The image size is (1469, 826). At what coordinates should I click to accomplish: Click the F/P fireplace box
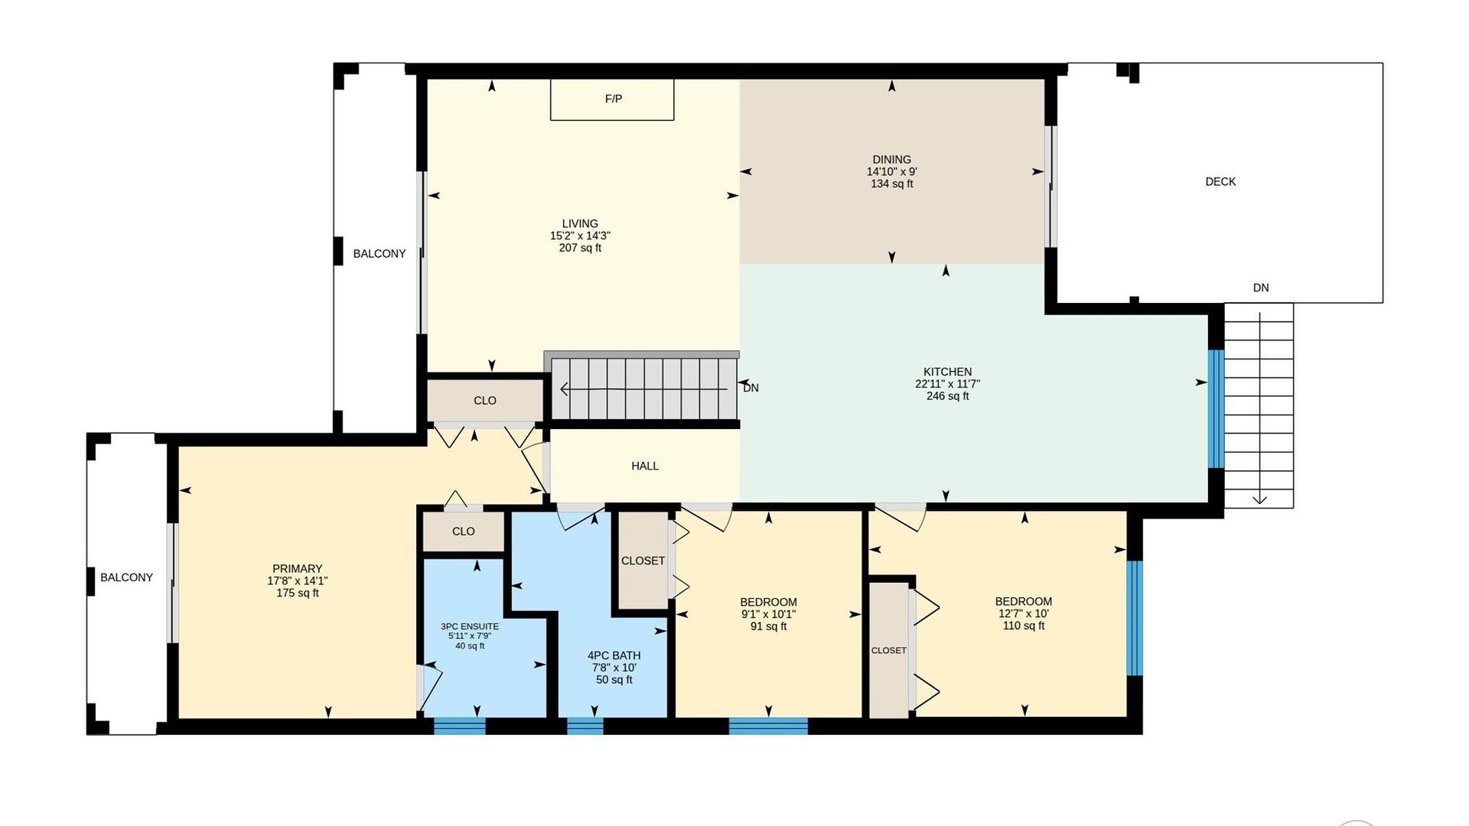612,99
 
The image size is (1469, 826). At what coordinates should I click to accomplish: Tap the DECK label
1220,181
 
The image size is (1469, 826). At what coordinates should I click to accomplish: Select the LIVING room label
580,224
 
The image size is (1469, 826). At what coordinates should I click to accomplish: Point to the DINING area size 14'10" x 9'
891,172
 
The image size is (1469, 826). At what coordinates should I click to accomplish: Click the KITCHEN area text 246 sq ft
947,396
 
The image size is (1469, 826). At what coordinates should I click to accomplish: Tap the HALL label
645,466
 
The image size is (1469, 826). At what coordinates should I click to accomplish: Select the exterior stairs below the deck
1259,405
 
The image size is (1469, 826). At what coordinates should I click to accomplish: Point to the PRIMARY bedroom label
297,569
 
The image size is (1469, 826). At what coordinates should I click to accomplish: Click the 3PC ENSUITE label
470,626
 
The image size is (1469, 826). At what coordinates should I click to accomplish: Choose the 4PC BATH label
614,655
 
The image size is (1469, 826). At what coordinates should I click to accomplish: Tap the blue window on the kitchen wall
1216,408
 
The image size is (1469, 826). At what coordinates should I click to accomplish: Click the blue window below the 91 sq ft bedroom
768,726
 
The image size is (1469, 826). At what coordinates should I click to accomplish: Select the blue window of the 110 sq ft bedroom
1135,618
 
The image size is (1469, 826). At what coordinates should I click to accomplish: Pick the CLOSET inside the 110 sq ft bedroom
889,650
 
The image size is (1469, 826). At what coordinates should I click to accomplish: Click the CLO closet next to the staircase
484,400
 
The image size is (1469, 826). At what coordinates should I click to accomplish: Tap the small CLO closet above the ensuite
464,532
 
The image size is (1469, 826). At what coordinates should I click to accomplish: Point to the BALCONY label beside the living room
379,254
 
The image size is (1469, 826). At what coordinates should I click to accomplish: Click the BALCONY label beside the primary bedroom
127,577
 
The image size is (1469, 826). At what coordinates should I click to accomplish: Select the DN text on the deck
1261,288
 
